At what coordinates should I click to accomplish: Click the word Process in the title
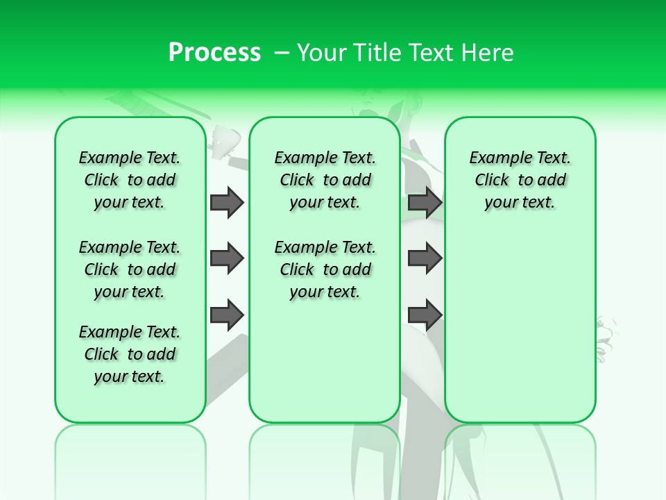214,52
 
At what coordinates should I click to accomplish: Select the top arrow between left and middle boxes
227,202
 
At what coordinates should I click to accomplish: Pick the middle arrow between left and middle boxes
227,258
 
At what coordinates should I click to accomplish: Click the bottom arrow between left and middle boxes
227,315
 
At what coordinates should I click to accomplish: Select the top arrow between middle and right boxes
425,202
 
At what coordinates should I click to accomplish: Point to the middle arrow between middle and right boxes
425,258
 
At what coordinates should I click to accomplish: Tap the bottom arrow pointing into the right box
425,315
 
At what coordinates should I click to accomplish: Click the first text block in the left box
130,180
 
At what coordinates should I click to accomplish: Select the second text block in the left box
130,269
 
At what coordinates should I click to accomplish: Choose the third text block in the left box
130,354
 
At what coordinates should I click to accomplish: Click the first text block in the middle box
325,180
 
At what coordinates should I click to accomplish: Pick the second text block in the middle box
325,269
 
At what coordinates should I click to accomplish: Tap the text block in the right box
520,180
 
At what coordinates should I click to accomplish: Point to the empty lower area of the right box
520,326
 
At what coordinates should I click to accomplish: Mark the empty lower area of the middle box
325,361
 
